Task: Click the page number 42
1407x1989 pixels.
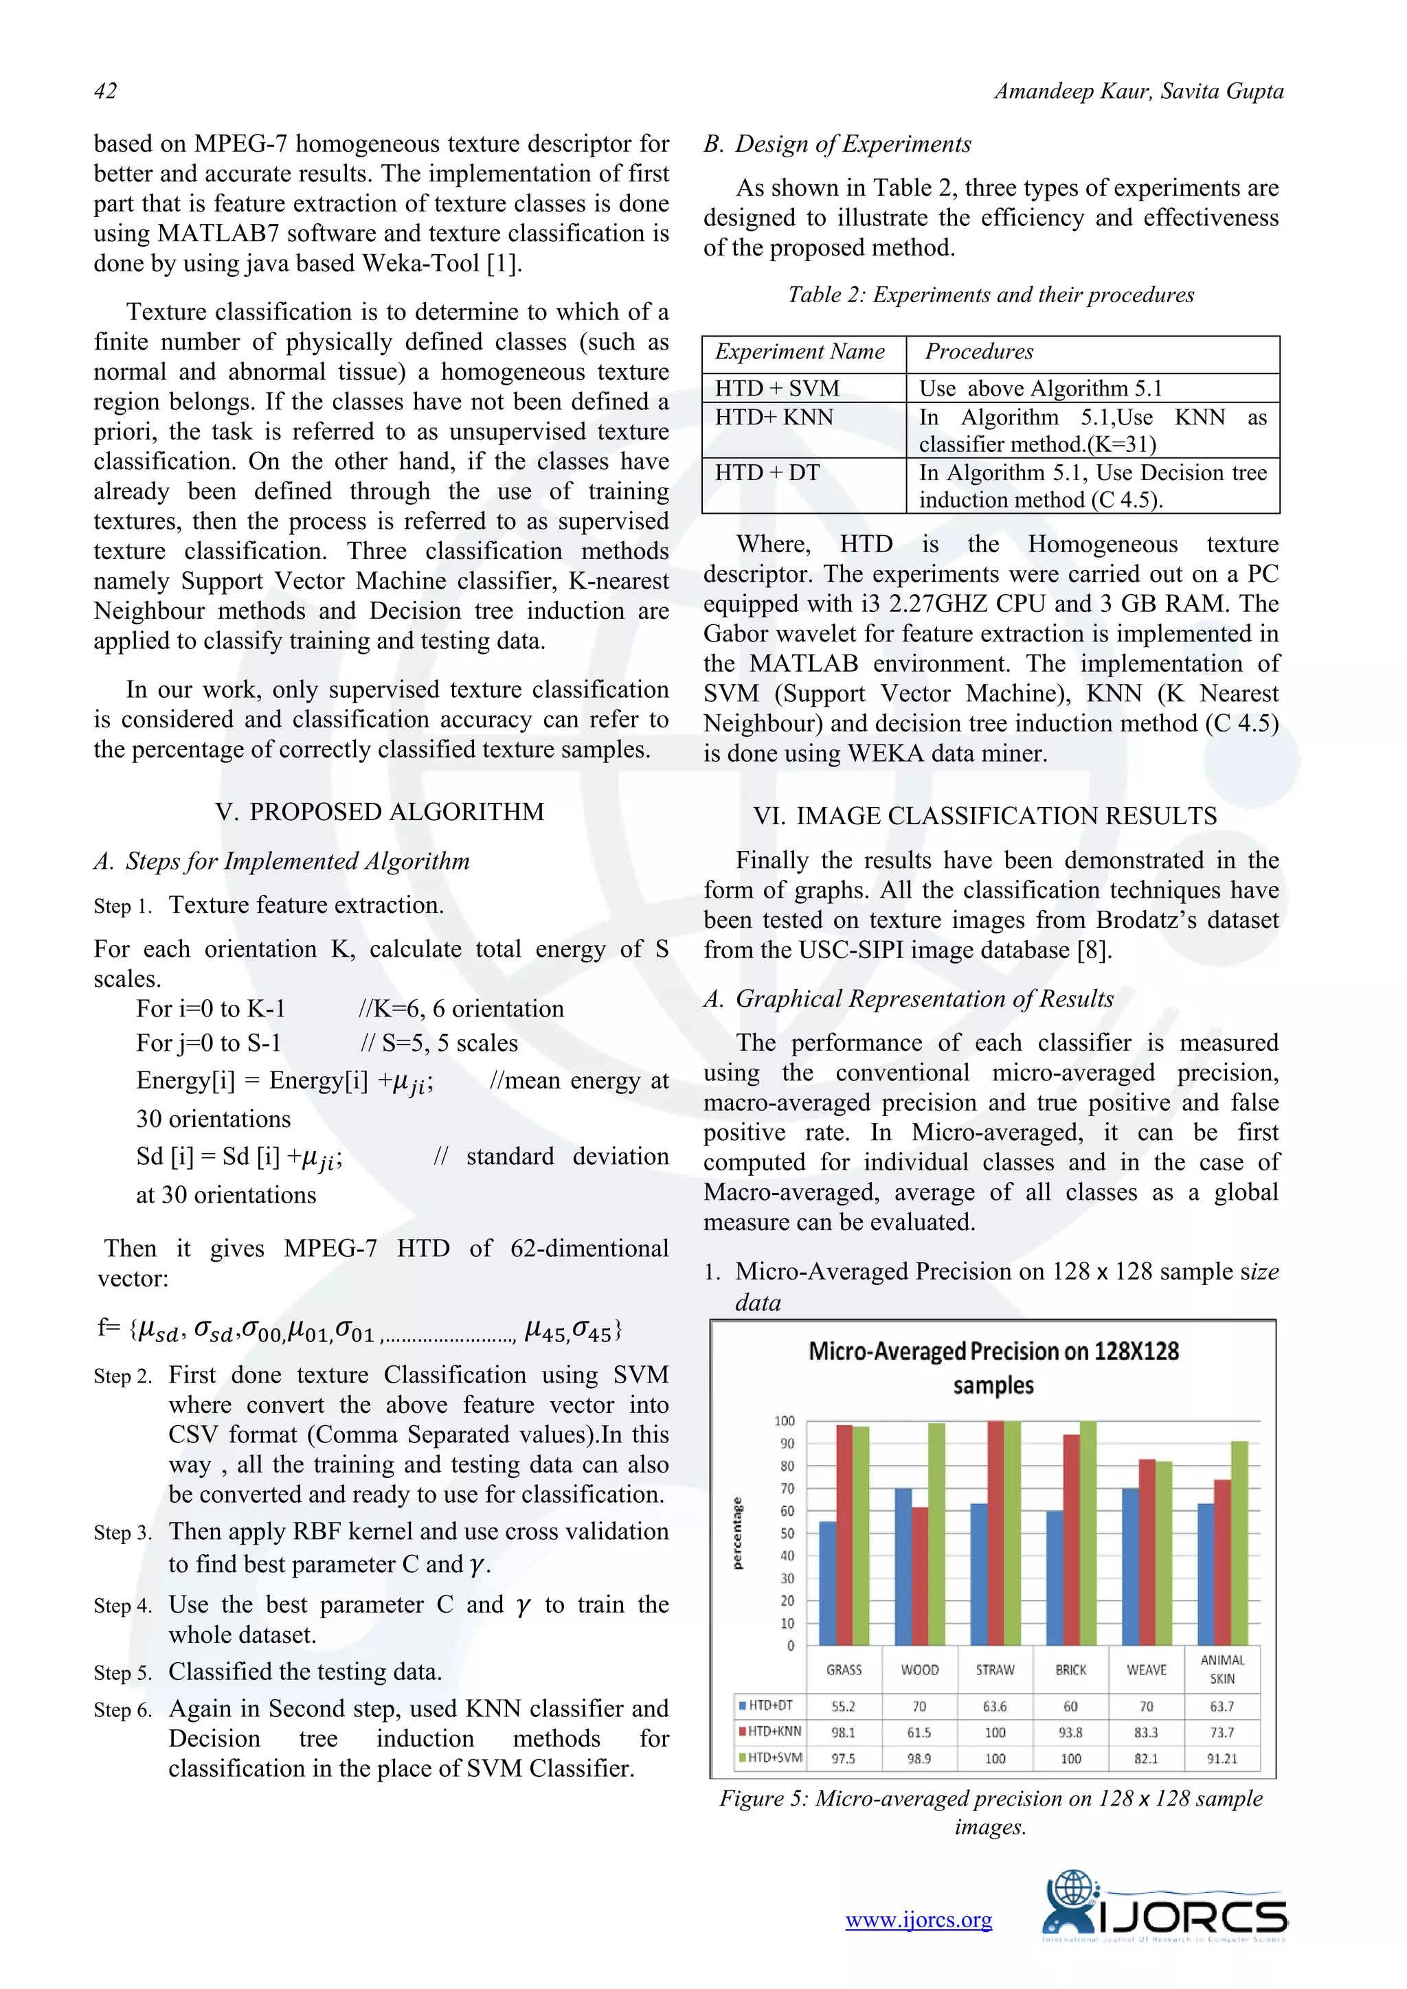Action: pyautogui.click(x=105, y=91)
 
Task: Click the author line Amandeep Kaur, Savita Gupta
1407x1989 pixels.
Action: pyautogui.click(x=1138, y=91)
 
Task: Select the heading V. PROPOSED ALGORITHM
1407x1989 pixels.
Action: pyautogui.click(x=379, y=812)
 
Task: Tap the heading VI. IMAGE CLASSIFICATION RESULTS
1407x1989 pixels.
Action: pyautogui.click(x=984, y=815)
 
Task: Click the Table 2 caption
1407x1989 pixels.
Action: pyautogui.click(x=990, y=295)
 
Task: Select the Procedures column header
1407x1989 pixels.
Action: pyautogui.click(x=979, y=352)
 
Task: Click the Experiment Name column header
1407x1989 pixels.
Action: pyautogui.click(x=799, y=352)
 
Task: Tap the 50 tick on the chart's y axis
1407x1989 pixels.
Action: pyautogui.click(x=787, y=1534)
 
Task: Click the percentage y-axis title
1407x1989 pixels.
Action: pyautogui.click(x=737, y=1534)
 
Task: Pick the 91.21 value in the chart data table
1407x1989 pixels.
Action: pyautogui.click(x=1222, y=1758)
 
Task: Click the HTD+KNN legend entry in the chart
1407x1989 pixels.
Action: pyautogui.click(x=769, y=1731)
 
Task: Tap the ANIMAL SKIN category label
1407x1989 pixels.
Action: pyautogui.click(x=1222, y=1670)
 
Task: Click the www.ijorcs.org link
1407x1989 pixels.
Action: pyautogui.click(x=919, y=1920)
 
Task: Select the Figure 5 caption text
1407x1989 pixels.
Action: pyautogui.click(x=990, y=1812)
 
